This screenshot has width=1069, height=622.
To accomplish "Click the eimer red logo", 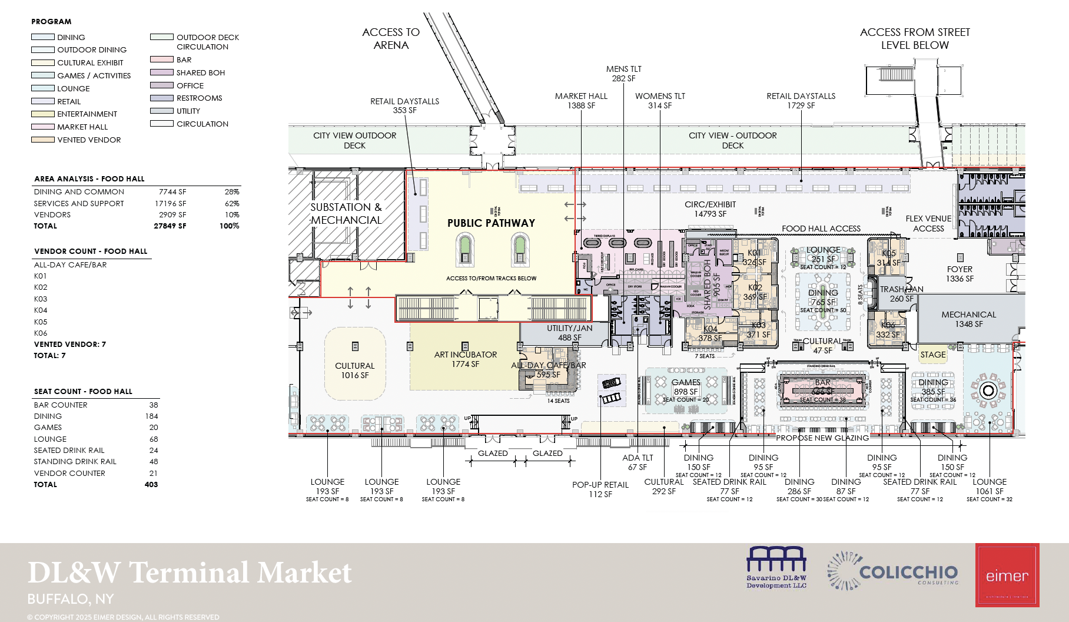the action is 1007,575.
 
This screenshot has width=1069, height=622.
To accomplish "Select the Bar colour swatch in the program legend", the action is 161,59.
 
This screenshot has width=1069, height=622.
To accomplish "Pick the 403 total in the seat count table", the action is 151,485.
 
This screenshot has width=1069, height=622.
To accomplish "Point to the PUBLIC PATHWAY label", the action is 491,223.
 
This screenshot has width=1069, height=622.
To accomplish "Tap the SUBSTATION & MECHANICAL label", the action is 346,214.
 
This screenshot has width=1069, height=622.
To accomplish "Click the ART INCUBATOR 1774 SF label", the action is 465,359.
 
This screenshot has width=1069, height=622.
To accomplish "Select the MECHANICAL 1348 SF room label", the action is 968,319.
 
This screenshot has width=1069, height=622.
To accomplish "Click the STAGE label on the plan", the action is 932,355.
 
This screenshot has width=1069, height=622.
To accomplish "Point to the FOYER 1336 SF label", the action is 960,274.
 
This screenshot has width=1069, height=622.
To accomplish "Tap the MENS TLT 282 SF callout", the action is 623,74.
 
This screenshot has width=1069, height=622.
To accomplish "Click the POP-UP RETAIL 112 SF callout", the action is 600,489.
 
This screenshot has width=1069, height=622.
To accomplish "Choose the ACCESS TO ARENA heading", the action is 391,39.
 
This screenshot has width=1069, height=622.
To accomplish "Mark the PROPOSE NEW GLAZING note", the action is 822,438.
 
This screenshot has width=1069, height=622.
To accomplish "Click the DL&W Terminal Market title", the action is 190,573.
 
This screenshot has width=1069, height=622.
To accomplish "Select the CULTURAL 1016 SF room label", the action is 354,370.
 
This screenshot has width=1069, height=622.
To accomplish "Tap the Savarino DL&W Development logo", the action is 776,567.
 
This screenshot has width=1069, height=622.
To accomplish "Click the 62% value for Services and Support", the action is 231,204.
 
